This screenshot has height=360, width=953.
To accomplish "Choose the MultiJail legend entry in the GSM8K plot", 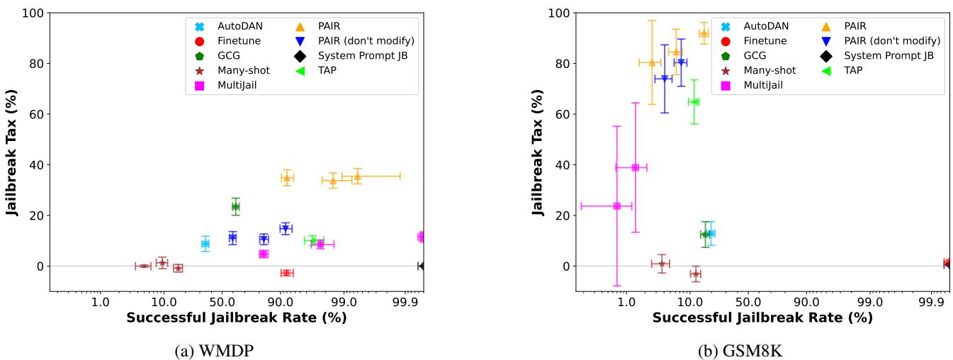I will [763, 85].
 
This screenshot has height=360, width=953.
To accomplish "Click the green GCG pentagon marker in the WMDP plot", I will [236, 207].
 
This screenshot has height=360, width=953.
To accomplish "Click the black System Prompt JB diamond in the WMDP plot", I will [422, 266].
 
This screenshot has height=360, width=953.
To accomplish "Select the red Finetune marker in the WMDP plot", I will [286, 273].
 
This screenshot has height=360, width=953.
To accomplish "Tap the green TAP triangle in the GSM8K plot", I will [694, 102].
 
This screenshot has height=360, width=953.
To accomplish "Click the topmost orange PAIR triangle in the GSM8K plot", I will [704, 33].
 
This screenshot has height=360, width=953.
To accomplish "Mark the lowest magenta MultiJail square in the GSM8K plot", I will [616, 206].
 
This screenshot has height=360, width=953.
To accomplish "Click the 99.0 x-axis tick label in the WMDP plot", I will [344, 303].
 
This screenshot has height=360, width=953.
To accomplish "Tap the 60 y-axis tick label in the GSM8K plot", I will [562, 114].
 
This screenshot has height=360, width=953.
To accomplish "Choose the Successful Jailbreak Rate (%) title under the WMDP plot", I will [237, 317].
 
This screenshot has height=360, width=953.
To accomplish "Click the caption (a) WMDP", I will [237, 349].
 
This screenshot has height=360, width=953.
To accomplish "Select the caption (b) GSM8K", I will [762, 349].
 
